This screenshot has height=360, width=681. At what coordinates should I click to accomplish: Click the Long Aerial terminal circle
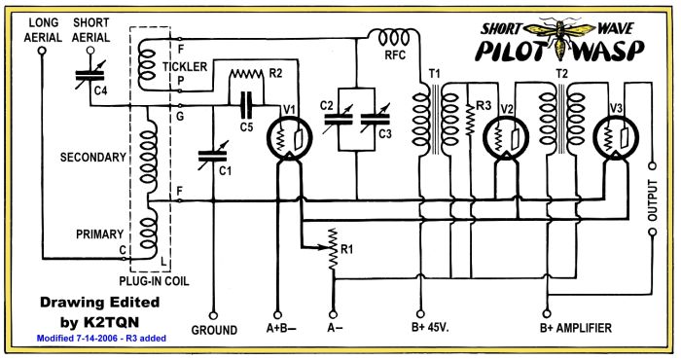pyautogui.click(x=42, y=51)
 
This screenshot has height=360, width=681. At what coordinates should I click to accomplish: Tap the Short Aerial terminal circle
pyautogui.click(x=90, y=51)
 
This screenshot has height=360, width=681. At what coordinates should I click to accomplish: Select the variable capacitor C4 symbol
pyautogui.click(x=90, y=76)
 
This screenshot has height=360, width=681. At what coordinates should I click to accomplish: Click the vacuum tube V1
pyautogui.click(x=289, y=138)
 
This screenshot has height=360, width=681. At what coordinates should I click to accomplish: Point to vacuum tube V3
pyautogui.click(x=616, y=138)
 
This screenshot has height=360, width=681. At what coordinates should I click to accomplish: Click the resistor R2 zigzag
pyautogui.click(x=246, y=74)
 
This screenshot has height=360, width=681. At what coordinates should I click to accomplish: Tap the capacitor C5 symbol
pyautogui.click(x=246, y=105)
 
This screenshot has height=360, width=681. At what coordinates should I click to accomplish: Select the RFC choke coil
pyautogui.click(x=394, y=38)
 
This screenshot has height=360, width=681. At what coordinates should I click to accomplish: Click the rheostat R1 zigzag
pyautogui.click(x=333, y=248)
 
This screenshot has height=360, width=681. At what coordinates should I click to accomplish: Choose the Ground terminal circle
pyautogui.click(x=213, y=315)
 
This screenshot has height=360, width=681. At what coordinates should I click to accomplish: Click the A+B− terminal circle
pyautogui.click(x=277, y=315)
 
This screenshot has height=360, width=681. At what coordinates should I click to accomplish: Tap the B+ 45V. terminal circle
pyautogui.click(x=420, y=314)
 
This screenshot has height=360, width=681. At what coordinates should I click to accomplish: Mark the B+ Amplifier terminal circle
pyautogui.click(x=547, y=314)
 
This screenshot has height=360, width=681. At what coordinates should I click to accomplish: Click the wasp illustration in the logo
pyautogui.click(x=557, y=37)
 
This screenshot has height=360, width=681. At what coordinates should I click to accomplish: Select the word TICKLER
pyautogui.click(x=185, y=67)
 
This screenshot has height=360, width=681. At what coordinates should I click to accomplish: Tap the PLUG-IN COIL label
pyautogui.click(x=154, y=281)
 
